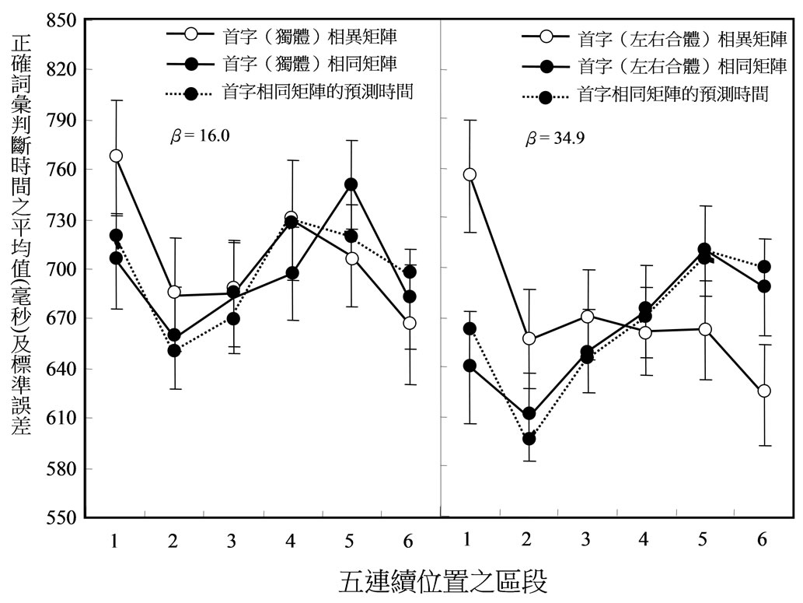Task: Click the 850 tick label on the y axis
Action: pyautogui.click(x=61, y=19)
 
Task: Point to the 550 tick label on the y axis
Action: pyautogui.click(x=61, y=518)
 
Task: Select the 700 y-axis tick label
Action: pyautogui.click(x=61, y=269)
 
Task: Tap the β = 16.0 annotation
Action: pyautogui.click(x=199, y=135)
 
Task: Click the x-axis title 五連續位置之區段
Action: pyautogui.click(x=443, y=580)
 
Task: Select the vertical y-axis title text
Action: pyautogui.click(x=22, y=233)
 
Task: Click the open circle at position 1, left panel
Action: pyautogui.click(x=116, y=156)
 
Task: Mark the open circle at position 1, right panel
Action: pyautogui.click(x=469, y=174)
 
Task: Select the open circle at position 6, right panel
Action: pyautogui.click(x=764, y=391)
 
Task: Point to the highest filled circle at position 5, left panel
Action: pyautogui.click(x=351, y=184)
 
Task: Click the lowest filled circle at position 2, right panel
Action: pyautogui.click(x=529, y=439)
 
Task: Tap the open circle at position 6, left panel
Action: pyautogui.click(x=410, y=323)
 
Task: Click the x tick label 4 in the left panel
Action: pyautogui.click(x=291, y=540)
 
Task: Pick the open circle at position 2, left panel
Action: pyautogui.click(x=174, y=293)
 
